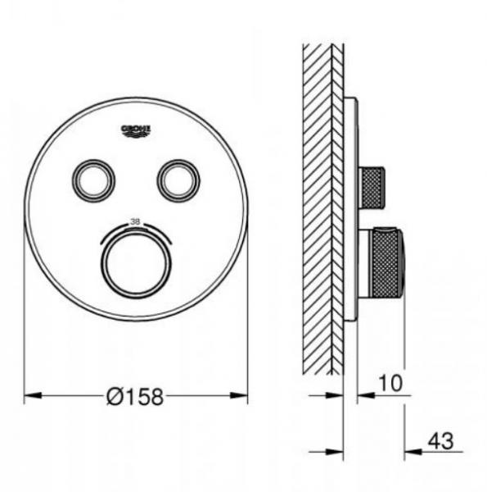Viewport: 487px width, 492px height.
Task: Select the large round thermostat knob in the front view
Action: coord(136,262)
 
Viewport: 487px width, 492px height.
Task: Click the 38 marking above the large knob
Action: coord(136,221)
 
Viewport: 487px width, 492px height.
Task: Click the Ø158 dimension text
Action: coord(136,397)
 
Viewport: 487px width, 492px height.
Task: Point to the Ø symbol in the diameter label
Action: coord(115,397)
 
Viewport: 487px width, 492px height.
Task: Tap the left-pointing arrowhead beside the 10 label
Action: coord(364,394)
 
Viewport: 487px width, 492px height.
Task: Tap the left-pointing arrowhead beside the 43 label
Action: coord(412,451)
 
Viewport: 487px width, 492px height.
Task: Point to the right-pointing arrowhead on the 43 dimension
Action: coord(336,451)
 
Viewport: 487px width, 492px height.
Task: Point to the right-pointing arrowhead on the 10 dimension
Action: coord(336,394)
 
